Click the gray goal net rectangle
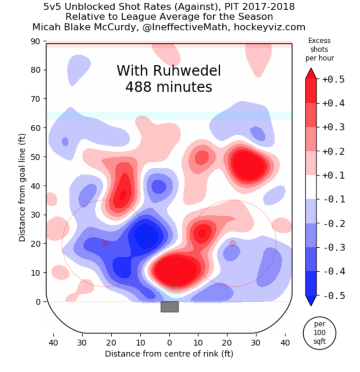[169, 307]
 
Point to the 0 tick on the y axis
[39, 302]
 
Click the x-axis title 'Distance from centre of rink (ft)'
[169, 353]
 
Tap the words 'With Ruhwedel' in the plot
[168, 71]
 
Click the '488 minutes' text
[168, 87]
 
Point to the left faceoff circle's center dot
[105, 243]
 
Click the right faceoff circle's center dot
[232, 243]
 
